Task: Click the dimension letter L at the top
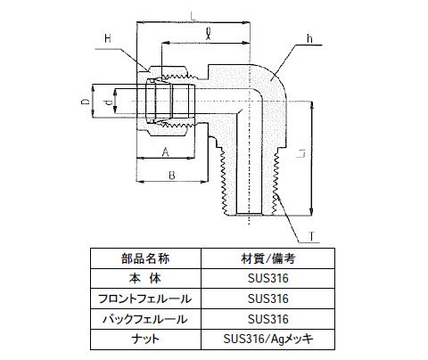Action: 193,15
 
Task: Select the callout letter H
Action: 108,38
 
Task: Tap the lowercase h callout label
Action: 309,38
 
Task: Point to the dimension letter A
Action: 165,152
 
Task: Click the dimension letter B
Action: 172,176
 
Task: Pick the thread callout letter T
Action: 311,236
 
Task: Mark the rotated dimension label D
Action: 86,102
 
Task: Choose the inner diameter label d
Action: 109,102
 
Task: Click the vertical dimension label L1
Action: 301,153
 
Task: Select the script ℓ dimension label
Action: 209,33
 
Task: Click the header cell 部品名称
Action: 145,258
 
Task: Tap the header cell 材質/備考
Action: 268,258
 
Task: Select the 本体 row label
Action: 145,278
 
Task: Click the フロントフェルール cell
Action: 145,299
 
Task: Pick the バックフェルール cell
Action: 145,319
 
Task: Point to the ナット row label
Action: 145,339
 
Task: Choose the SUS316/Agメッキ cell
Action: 268,339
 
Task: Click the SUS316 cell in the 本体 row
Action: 268,278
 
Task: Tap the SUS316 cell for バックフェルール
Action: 268,319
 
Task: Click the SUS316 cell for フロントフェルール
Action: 268,299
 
